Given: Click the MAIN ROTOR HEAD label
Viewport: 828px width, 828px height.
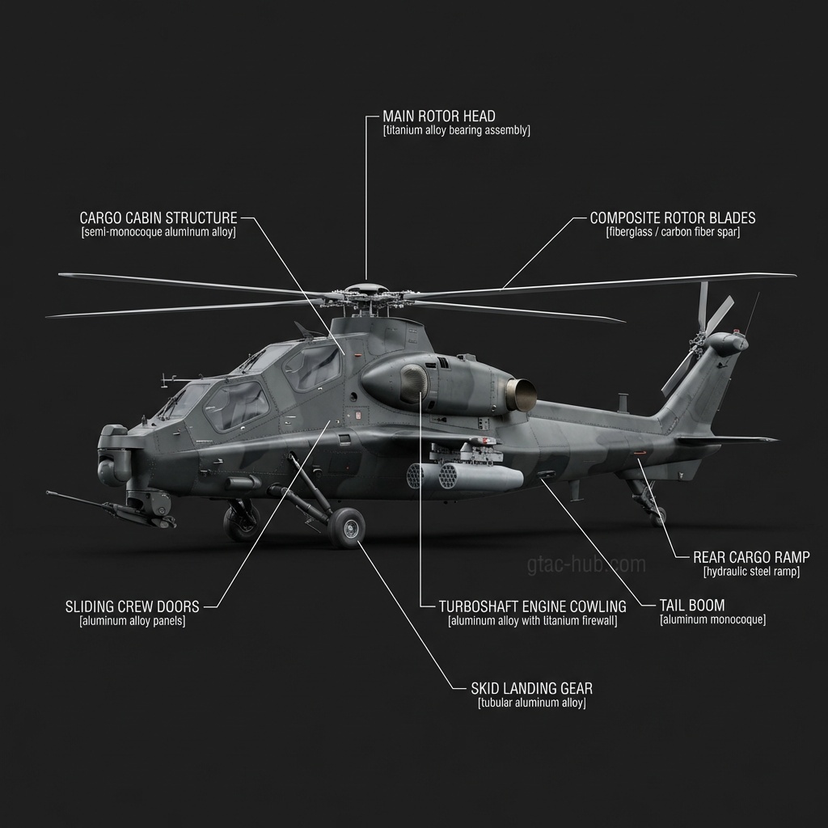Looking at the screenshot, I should [x=438, y=116].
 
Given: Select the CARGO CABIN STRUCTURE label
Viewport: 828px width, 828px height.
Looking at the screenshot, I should [x=158, y=218].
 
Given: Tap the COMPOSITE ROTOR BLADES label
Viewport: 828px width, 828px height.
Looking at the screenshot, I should [x=672, y=218].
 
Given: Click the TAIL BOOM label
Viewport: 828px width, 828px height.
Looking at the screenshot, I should [x=691, y=605].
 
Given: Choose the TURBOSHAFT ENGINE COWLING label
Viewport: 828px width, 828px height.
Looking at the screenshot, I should [x=532, y=606].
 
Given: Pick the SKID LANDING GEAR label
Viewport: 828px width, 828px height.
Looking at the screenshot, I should [x=531, y=689].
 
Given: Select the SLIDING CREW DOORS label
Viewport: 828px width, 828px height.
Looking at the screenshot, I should [x=132, y=606].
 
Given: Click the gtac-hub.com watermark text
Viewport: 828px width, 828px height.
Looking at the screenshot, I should [x=586, y=564].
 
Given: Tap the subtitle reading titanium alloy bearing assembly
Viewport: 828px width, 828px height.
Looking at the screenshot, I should [x=456, y=130].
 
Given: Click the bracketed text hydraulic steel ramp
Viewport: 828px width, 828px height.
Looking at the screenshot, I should [x=751, y=572].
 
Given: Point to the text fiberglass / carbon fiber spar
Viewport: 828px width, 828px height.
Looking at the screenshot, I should [x=672, y=232].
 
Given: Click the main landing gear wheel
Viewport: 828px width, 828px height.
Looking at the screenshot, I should [x=348, y=530].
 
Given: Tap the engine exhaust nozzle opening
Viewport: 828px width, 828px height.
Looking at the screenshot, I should [x=522, y=395].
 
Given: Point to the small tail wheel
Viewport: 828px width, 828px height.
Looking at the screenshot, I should [x=659, y=515].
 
